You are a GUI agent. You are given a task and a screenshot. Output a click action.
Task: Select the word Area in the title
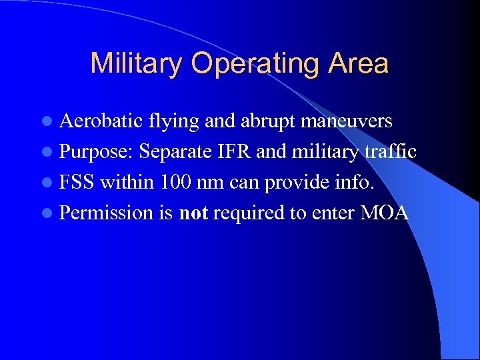click(x=358, y=64)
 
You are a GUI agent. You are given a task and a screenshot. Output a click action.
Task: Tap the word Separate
click(x=175, y=153)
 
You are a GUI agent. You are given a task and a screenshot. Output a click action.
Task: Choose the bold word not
click(x=193, y=213)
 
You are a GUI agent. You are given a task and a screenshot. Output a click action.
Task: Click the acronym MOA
click(x=384, y=213)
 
